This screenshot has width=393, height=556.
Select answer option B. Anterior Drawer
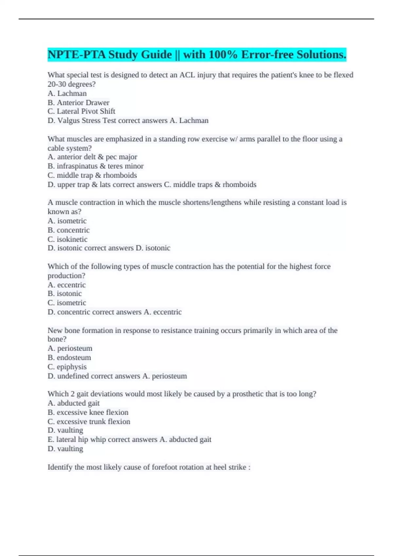pyautogui.click(x=78, y=102)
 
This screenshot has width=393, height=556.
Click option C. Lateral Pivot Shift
pyautogui.click(x=81, y=111)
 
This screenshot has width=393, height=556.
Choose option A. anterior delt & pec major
pyautogui.click(x=92, y=157)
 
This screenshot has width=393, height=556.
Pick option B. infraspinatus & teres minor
pyautogui.click(x=95, y=166)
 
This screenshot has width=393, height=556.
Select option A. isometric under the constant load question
pyautogui.click(x=67, y=221)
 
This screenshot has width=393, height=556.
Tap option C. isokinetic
pyautogui.click(x=67, y=239)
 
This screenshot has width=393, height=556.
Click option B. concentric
pyautogui.click(x=68, y=230)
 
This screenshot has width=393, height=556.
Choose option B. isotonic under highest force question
pyautogui.click(x=65, y=294)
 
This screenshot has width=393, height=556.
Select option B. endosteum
pyautogui.click(x=69, y=357)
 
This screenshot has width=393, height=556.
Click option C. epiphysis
pyautogui.click(x=67, y=367)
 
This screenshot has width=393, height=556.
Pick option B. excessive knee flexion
pyautogui.click(x=88, y=412)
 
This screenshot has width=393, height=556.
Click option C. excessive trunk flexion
pyautogui.click(x=89, y=422)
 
